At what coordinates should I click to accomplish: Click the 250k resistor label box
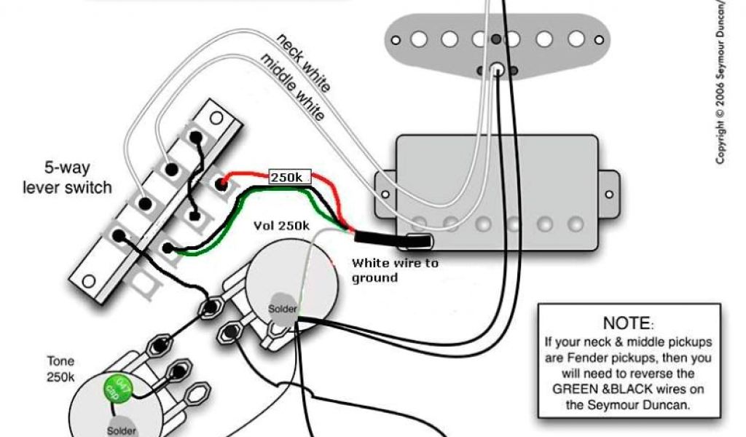[290, 177]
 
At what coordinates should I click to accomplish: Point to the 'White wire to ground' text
[395, 269]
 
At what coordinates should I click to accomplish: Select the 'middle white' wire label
[292, 86]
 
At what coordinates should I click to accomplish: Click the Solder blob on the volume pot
[283, 309]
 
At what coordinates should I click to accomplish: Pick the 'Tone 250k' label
[61, 369]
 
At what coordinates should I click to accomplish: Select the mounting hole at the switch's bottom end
[88, 280]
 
